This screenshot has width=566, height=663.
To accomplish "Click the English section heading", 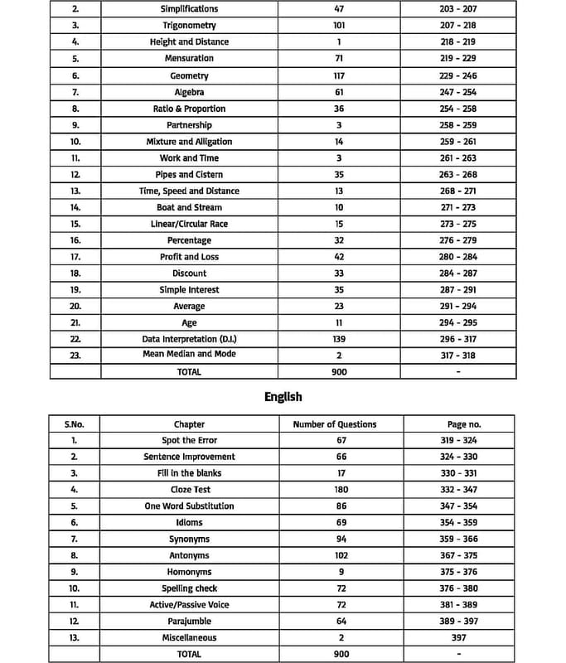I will click(283, 397).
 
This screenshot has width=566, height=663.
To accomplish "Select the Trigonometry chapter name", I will click(189, 26).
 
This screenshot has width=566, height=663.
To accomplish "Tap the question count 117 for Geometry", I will click(339, 75).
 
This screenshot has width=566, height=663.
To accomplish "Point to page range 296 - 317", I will click(457, 339).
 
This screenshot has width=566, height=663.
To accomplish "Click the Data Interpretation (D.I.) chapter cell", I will click(189, 339).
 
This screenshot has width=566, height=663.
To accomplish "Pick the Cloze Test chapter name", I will click(189, 490).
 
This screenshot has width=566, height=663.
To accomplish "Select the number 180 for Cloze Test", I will click(341, 490).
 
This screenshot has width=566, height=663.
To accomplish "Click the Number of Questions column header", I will click(335, 424).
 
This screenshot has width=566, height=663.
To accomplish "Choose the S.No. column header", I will click(75, 424).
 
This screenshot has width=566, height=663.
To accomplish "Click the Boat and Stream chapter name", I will click(189, 207).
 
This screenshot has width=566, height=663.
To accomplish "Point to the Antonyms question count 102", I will click(341, 555).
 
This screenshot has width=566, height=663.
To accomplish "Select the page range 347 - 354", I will click(458, 506).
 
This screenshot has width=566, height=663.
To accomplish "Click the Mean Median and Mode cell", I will click(189, 354).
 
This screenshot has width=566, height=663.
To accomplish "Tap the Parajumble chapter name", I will click(189, 621).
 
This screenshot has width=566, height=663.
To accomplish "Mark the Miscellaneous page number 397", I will click(458, 637).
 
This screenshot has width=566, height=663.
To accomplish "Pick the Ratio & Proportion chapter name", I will click(189, 109).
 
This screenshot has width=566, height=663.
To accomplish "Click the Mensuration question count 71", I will click(339, 59).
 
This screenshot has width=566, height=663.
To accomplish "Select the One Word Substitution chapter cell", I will click(189, 506).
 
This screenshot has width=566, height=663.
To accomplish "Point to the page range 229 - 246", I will click(457, 75).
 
